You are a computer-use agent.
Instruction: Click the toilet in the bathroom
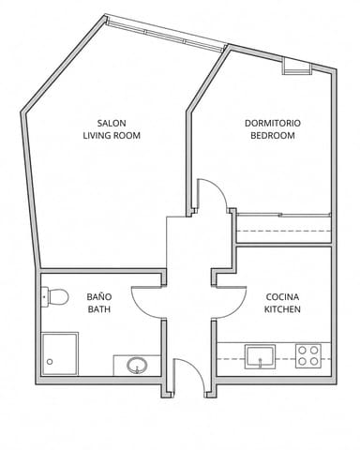[x=55, y=296]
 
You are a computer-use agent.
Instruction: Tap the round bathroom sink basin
[x=137, y=365]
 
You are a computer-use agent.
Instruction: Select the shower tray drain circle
[x=50, y=362]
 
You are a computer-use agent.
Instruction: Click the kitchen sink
[x=260, y=356]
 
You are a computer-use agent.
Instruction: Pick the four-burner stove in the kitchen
[x=308, y=356]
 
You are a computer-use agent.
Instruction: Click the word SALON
[x=112, y=123]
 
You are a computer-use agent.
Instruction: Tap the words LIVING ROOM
[x=112, y=136]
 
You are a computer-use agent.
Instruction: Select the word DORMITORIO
[x=273, y=123]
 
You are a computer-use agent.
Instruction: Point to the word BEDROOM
[x=273, y=136]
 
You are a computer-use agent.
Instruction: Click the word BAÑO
[x=99, y=296]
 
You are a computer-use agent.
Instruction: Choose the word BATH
[x=99, y=309]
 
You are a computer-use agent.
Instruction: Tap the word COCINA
[x=282, y=296]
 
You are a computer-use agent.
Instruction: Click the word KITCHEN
[x=282, y=309]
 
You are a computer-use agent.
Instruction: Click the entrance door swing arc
[x=196, y=368]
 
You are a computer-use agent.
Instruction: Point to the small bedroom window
[x=297, y=67]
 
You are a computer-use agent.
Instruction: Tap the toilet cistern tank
[x=45, y=296]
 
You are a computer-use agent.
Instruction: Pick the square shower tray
[x=60, y=353]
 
